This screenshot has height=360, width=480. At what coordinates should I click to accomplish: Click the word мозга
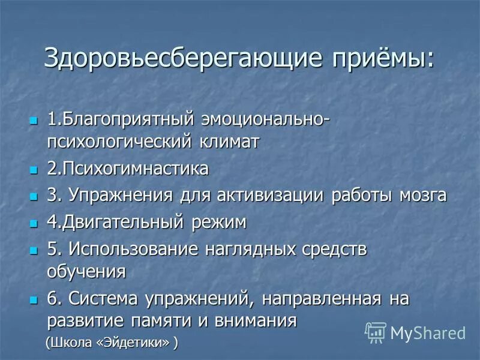(419, 196)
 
